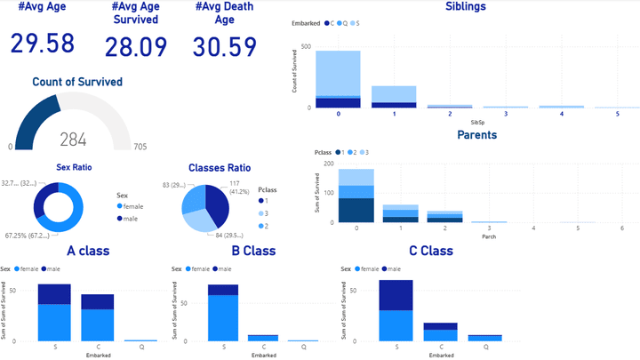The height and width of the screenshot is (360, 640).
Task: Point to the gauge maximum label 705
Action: (139, 147)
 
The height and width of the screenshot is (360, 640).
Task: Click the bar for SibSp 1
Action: (393, 96)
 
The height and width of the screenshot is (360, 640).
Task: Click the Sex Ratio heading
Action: (74, 166)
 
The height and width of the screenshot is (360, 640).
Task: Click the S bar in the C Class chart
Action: (396, 311)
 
